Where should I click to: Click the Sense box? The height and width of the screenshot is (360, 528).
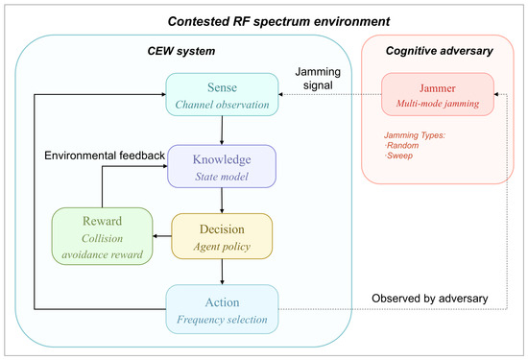[222, 95]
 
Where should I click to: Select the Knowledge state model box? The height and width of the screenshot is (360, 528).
[222, 166]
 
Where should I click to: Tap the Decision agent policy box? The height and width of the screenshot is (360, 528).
[222, 236]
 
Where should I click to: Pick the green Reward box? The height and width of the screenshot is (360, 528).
[103, 236]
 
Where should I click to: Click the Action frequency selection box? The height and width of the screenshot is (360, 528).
[222, 309]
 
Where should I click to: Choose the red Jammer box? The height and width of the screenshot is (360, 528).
[438, 94]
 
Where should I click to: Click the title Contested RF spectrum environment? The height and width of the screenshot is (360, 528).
[278, 21]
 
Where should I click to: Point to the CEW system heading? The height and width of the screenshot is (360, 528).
[181, 51]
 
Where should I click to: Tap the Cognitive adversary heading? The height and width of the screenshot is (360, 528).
[439, 51]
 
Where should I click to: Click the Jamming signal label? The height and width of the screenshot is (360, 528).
[318, 79]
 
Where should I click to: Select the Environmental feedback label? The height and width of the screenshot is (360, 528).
[105, 156]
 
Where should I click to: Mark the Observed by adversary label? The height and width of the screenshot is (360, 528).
[430, 299]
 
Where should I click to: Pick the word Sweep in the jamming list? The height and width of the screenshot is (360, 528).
[399, 156]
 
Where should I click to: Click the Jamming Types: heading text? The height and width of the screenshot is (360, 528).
[415, 135]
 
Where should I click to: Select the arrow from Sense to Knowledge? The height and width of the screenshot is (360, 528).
[222, 131]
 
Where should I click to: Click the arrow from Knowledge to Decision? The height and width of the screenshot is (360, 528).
[222, 201]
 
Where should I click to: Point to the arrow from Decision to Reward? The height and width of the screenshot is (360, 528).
[162, 236]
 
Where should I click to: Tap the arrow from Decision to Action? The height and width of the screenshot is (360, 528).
[222, 272]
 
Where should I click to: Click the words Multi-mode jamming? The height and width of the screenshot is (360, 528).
[438, 103]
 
